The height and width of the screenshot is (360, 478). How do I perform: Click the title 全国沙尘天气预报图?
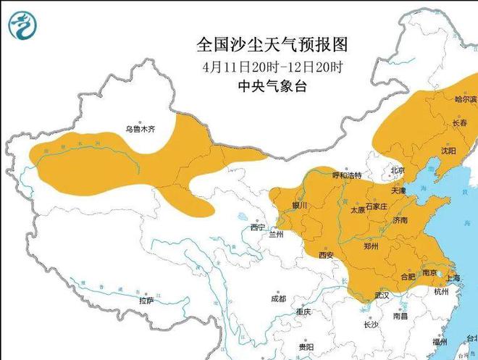click(x=272, y=45)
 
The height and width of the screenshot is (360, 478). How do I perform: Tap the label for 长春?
click(x=459, y=123)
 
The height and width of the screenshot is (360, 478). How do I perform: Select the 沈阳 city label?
click(x=450, y=151)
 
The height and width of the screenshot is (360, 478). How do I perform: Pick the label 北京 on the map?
click(x=398, y=170)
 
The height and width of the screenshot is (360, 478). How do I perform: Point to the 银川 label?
click(x=299, y=206)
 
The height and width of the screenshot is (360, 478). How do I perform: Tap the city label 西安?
click(x=325, y=255)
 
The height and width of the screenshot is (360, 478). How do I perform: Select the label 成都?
click(x=278, y=298)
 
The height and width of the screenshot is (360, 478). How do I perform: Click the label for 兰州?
click(x=276, y=234)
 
